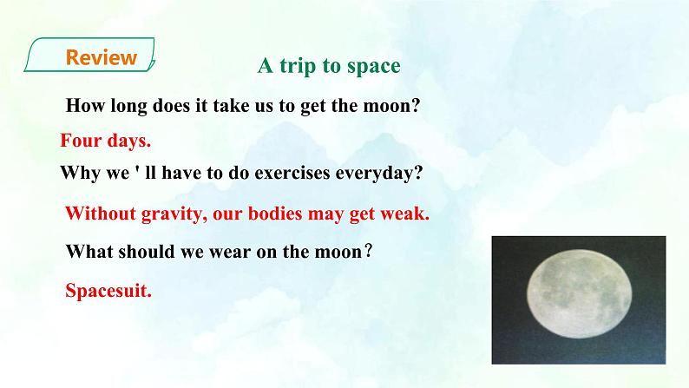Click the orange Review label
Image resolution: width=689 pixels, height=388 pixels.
102,58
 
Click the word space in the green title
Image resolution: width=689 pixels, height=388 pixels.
372,67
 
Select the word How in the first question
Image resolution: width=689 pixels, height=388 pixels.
85,107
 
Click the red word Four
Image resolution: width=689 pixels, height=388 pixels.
81,140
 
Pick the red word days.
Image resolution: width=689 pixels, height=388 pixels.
129,140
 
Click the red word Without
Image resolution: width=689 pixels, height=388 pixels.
101,214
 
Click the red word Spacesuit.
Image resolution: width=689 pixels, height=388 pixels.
108,292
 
